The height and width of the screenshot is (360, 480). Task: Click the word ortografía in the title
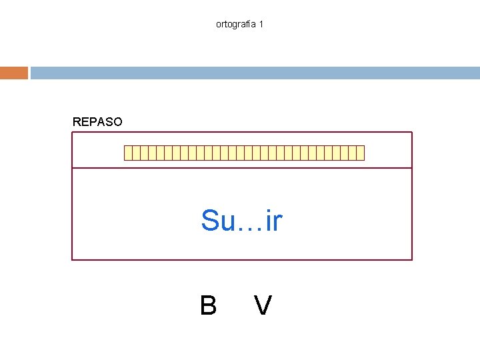tap(236, 24)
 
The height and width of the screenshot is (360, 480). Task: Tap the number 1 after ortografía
tap(261, 24)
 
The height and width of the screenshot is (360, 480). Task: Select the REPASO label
tap(97, 122)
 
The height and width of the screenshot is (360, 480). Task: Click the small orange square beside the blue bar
tap(14, 73)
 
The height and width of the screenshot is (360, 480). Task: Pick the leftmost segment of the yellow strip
tap(128, 153)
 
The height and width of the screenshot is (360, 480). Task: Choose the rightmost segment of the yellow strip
tap(361, 153)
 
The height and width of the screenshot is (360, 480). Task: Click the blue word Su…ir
tap(241, 221)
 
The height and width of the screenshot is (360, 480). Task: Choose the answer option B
tap(208, 305)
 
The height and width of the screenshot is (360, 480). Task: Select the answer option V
tap(263, 305)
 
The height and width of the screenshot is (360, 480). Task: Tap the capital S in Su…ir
tap(210, 221)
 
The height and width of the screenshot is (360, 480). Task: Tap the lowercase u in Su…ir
tap(227, 223)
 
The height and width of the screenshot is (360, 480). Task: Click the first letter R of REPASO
tap(77, 122)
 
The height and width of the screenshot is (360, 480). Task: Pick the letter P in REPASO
tap(93, 122)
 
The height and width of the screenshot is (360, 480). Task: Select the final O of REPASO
tap(118, 122)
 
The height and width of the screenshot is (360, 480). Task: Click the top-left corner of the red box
tap(72, 132)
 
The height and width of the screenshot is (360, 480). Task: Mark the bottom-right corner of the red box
tap(412, 259)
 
